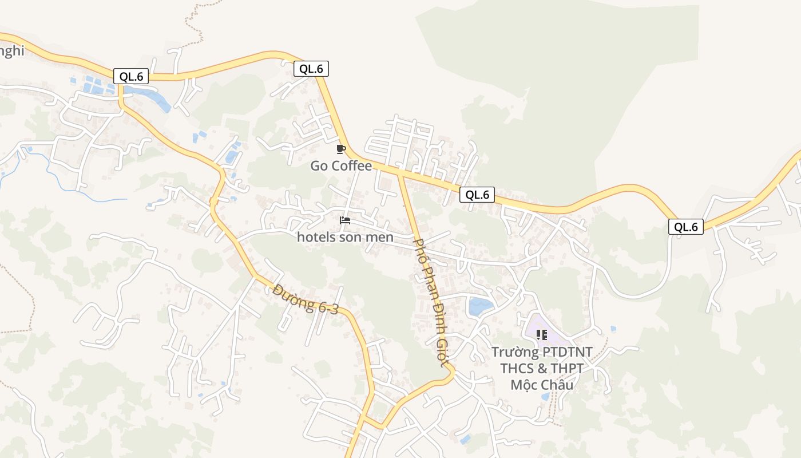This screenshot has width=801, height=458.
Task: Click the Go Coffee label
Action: tap(341, 166)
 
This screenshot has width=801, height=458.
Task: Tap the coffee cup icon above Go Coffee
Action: tap(341, 149)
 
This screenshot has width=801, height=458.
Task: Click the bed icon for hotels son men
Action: tap(345, 220)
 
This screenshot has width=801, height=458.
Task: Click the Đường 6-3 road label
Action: tap(306, 299)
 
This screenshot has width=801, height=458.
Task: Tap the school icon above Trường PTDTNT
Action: tap(541, 335)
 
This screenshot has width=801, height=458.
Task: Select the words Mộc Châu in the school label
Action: tap(541, 385)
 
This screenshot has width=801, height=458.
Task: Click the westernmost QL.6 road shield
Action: tap(131, 76)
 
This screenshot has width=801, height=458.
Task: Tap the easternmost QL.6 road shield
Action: tap(686, 227)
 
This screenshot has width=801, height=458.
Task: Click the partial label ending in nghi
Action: tap(11, 51)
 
